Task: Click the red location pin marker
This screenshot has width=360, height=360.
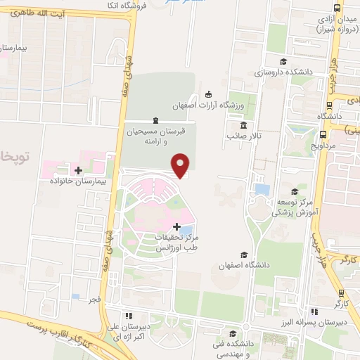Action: [181, 165]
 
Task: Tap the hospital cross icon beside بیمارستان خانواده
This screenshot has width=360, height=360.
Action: [78, 171]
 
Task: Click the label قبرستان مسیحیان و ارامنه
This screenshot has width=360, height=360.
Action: [162, 136]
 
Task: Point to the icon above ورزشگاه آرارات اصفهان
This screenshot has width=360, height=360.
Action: [207, 95]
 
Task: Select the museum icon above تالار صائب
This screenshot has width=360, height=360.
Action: [243, 124]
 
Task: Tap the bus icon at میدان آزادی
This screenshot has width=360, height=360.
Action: [338, 8]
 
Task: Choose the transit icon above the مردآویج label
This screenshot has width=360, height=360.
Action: [323, 134]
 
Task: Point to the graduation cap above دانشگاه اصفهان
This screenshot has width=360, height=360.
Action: [244, 255]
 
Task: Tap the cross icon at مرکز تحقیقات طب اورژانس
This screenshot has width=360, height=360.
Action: [176, 226]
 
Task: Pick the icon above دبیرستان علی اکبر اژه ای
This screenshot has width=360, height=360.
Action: [128, 316]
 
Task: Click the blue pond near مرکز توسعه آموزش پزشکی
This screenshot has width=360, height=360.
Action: [262, 188]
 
